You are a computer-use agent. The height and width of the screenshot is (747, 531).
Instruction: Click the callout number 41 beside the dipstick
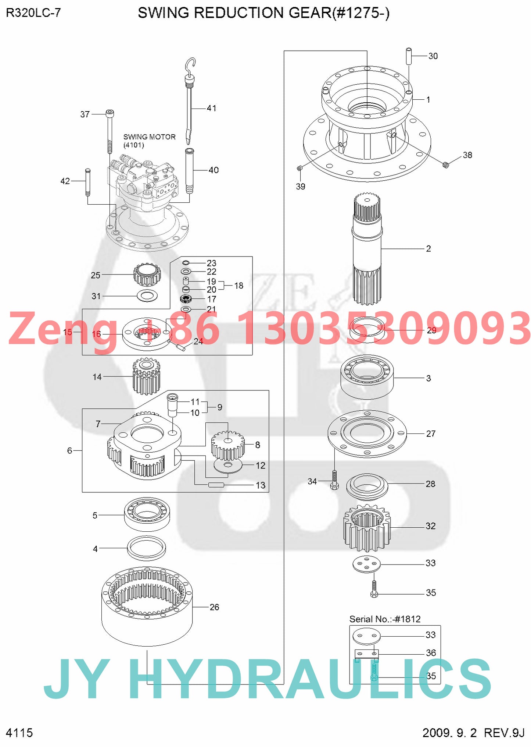click(x=211, y=108)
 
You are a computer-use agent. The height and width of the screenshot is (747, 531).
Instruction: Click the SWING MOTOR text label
click(x=149, y=137)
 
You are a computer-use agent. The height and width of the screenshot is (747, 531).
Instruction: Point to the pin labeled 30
click(x=409, y=56)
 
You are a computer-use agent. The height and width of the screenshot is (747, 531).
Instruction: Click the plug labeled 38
click(x=446, y=165)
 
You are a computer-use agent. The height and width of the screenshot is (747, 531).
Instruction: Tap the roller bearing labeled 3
click(x=367, y=377)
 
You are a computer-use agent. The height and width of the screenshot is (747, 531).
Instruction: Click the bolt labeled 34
click(x=334, y=480)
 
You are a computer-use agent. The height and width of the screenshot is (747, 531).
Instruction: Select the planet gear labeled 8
click(x=228, y=445)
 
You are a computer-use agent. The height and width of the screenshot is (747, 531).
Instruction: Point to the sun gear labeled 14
click(x=146, y=376)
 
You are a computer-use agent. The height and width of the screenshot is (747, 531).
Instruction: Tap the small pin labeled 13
click(x=216, y=485)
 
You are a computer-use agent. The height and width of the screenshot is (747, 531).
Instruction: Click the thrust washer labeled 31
click(x=147, y=295)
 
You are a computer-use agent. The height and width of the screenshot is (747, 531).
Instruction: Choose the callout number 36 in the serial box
click(x=431, y=653)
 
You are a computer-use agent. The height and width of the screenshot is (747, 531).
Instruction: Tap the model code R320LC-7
click(x=33, y=13)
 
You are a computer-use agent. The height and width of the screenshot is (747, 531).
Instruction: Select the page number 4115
click(x=19, y=732)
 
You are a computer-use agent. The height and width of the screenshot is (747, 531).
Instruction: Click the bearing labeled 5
click(x=147, y=514)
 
